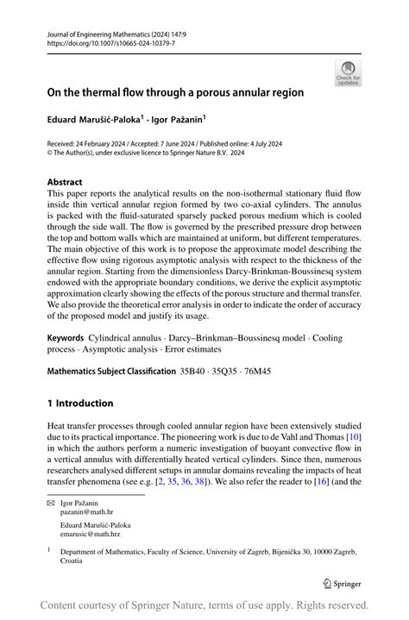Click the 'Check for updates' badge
[349, 72]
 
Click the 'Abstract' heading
[66, 183]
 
